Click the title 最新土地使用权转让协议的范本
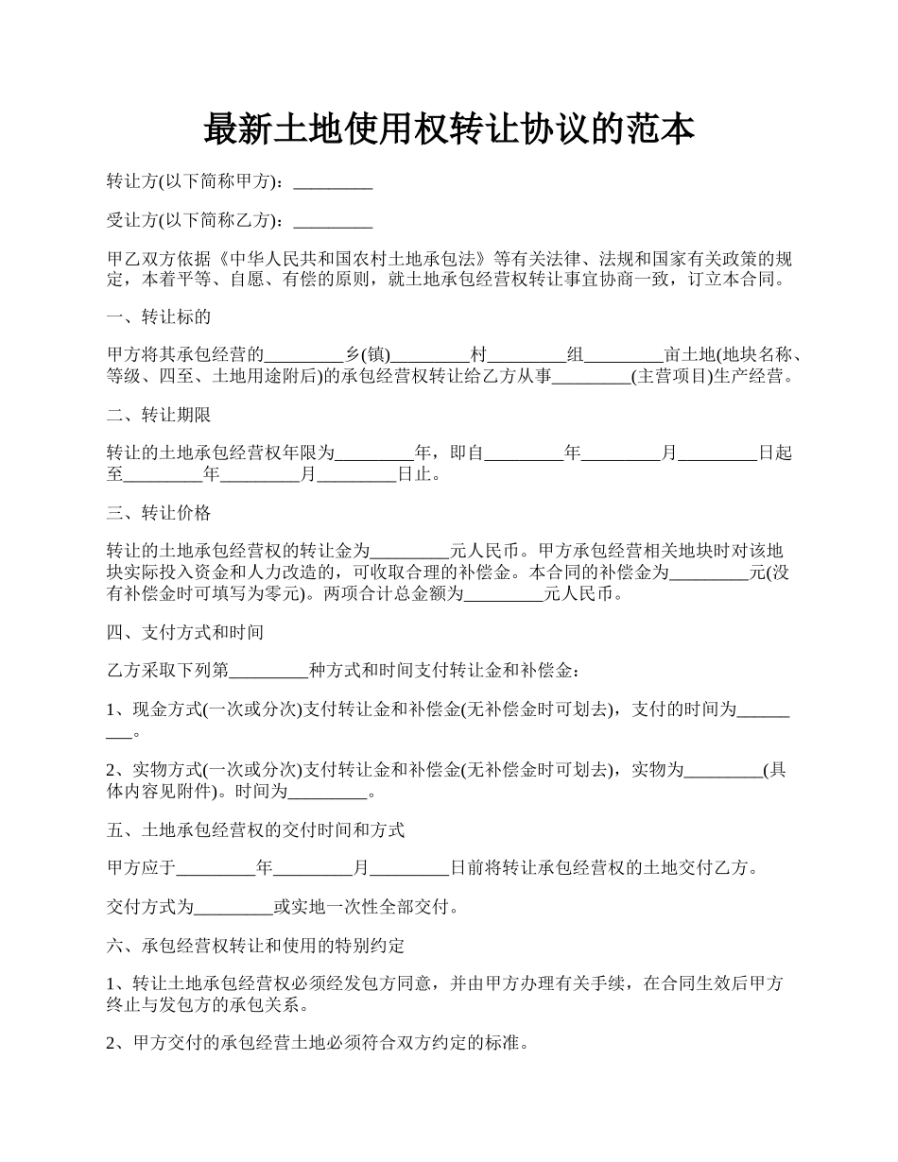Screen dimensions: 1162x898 click(449, 129)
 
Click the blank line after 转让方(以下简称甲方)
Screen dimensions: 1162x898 click(333, 182)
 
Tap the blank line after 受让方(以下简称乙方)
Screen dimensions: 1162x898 click(333, 222)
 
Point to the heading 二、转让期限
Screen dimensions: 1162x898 click(158, 415)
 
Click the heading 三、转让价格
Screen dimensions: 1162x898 click(158, 513)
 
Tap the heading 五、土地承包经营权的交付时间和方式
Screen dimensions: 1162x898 click(255, 829)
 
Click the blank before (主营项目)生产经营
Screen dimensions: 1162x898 click(591, 377)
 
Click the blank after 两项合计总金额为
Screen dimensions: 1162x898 click(506, 595)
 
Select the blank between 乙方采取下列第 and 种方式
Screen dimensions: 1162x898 click(269, 672)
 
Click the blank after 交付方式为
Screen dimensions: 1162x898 click(233, 909)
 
